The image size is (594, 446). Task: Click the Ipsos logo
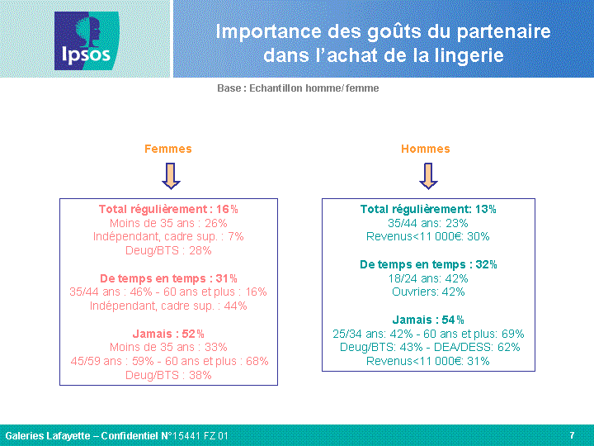[87, 41]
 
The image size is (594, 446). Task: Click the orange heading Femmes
[168, 149]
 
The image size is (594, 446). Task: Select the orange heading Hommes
[426, 149]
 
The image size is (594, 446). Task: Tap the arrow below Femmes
[171, 176]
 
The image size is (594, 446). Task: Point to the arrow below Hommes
[428, 176]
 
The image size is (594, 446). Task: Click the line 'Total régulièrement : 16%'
[168, 209]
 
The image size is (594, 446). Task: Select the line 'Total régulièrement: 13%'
[428, 209]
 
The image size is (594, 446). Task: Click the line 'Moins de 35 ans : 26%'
[168, 223]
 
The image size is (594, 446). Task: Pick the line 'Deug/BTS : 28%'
[168, 251]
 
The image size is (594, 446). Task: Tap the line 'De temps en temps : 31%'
[168, 278]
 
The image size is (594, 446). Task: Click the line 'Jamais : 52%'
[168, 334]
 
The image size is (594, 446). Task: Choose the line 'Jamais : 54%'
[428, 320]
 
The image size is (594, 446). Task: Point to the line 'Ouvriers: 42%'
[428, 292]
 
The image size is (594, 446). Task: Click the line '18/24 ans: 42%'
[428, 278]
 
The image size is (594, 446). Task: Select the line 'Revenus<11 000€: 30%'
[428, 237]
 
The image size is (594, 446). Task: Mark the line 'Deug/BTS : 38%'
[168, 375]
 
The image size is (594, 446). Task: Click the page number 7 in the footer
[572, 435]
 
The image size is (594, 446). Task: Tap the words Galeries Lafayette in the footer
[48, 436]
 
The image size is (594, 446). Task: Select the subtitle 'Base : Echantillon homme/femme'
[298, 88]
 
